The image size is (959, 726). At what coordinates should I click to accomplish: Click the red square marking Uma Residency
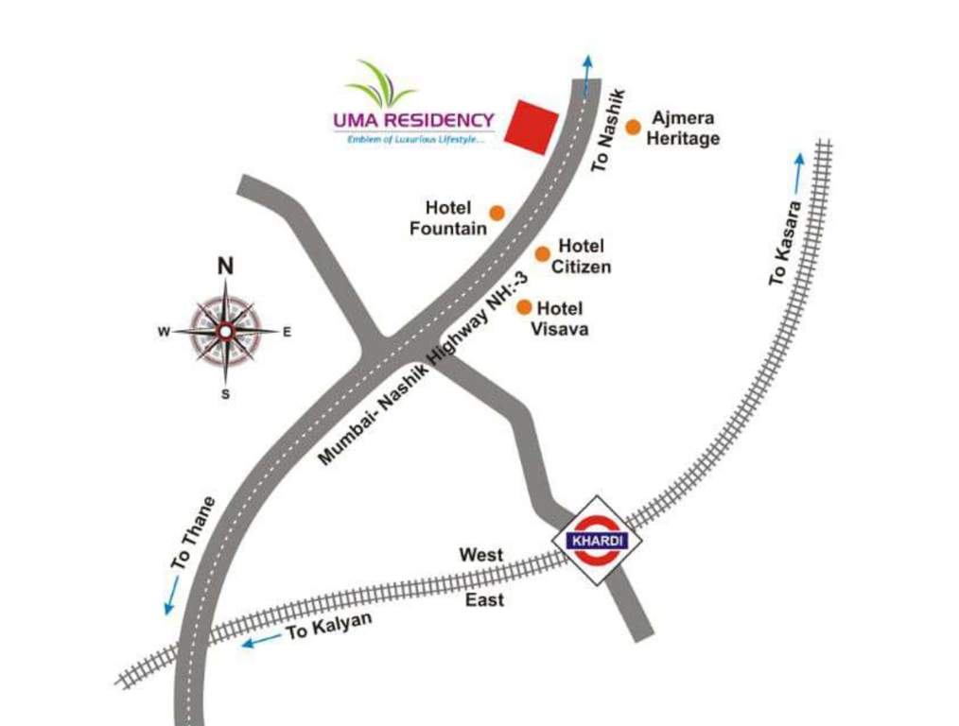tap(531, 127)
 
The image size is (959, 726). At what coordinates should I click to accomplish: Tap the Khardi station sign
tap(597, 541)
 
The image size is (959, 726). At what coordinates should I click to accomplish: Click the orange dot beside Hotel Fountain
tap(496, 212)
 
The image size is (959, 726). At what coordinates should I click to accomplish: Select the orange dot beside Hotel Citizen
tap(543, 253)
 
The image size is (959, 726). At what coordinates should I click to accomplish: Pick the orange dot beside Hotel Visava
tap(523, 307)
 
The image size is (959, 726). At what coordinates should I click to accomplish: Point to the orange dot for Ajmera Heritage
tap(633, 125)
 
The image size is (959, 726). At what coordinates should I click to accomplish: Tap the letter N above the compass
tap(225, 266)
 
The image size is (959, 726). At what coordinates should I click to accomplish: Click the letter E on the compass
tap(287, 332)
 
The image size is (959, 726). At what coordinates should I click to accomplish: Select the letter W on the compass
tap(163, 332)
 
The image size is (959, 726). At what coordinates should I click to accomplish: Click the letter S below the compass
tap(225, 394)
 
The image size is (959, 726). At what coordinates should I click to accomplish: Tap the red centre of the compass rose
tap(225, 331)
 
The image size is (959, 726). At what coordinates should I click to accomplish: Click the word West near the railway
tap(481, 555)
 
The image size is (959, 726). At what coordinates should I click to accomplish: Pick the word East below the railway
tap(484, 599)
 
